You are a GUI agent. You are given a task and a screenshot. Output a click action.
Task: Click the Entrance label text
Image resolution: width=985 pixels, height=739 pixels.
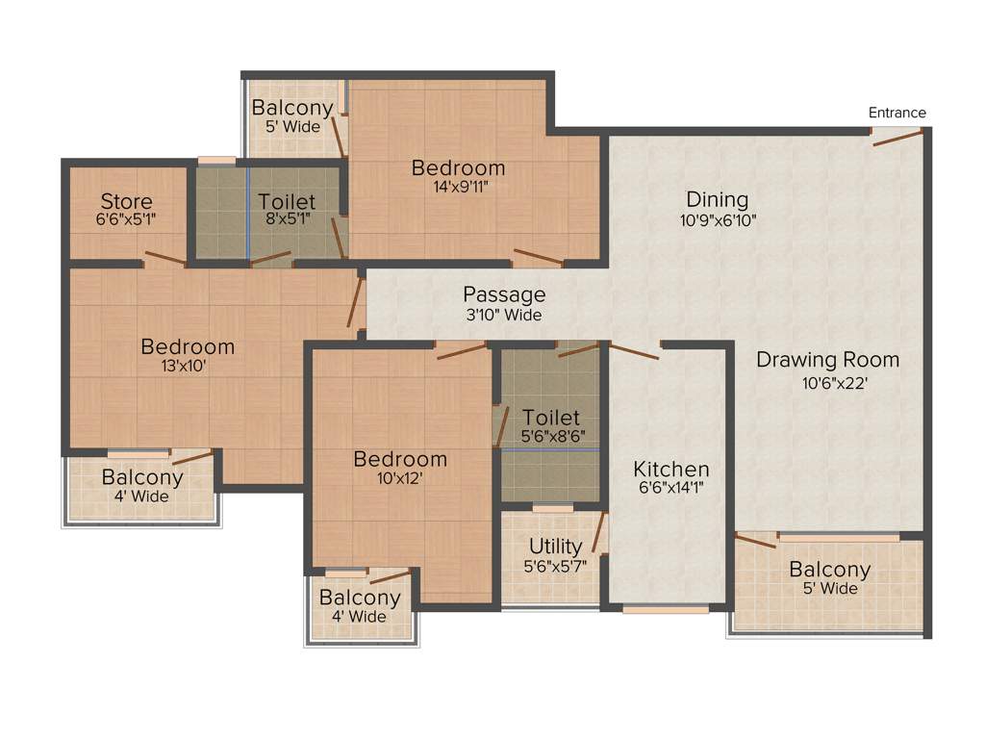[x=897, y=113]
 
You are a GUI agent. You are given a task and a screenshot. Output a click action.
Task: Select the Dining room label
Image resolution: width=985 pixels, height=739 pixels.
[x=717, y=199]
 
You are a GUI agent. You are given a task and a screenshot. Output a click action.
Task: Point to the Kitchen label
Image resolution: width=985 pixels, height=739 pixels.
[x=671, y=470]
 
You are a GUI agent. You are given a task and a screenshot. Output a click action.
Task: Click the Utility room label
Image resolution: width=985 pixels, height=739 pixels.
[x=555, y=547]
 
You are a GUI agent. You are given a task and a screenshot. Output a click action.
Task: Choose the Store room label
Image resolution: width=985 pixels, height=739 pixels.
[x=127, y=201]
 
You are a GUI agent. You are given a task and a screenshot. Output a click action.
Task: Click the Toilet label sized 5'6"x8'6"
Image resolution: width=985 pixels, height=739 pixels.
[x=551, y=418]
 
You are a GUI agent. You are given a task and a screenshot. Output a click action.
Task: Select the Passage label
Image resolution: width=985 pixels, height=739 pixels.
[x=504, y=294]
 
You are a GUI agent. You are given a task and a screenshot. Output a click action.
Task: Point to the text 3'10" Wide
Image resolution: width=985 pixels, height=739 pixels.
[x=503, y=315]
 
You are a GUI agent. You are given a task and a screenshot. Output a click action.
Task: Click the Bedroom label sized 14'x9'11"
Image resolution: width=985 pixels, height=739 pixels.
[x=458, y=168]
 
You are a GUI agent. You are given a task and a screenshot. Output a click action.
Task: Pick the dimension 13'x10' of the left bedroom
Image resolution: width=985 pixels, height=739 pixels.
[x=188, y=366]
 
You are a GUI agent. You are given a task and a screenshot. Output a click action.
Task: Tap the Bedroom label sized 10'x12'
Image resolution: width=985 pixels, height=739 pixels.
[x=400, y=459]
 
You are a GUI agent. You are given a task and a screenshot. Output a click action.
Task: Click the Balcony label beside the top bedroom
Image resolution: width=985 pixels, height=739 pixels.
[x=292, y=108]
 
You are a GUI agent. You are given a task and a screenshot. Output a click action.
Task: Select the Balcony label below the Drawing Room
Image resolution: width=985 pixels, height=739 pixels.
[x=829, y=569]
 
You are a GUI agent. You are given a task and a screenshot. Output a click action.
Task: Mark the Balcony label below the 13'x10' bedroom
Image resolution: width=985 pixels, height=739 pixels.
[x=142, y=477]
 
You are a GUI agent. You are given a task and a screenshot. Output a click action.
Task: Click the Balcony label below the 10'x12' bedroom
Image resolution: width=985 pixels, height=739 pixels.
[x=360, y=598]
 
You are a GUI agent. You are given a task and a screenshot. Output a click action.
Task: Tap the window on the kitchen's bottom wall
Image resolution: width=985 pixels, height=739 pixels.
[x=666, y=608]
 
